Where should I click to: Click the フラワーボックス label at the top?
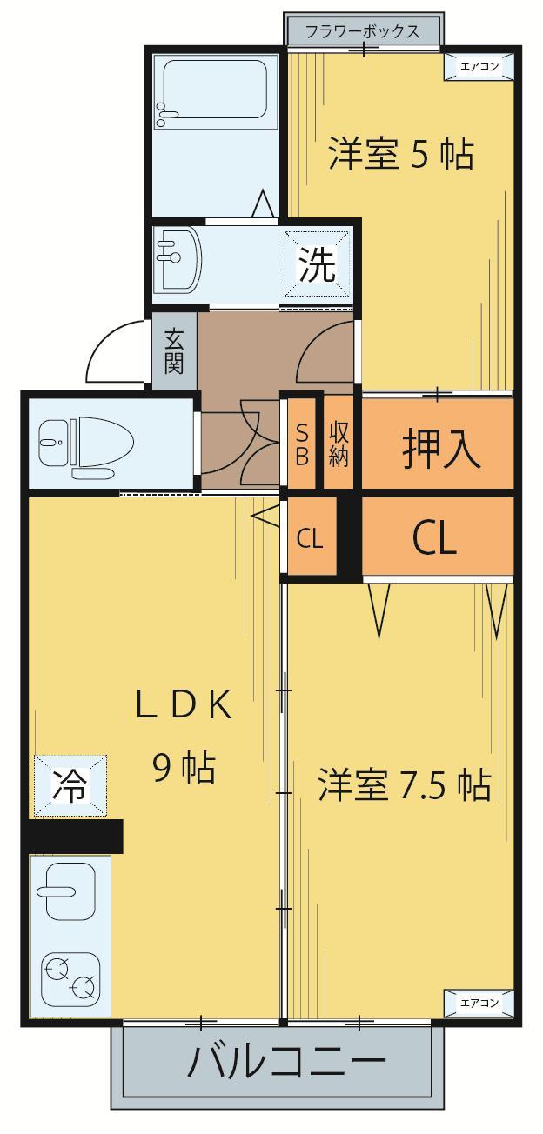362,32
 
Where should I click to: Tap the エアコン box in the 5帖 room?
479,66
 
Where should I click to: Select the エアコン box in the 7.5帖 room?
479,1003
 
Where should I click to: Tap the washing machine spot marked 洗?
318,265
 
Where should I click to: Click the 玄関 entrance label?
174,351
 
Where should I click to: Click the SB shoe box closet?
302,444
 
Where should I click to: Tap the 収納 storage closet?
339,444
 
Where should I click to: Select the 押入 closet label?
440,449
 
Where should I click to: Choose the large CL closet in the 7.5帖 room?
435,539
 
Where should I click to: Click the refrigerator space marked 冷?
70,786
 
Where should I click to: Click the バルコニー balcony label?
287,1063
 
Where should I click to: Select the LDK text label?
184,706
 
